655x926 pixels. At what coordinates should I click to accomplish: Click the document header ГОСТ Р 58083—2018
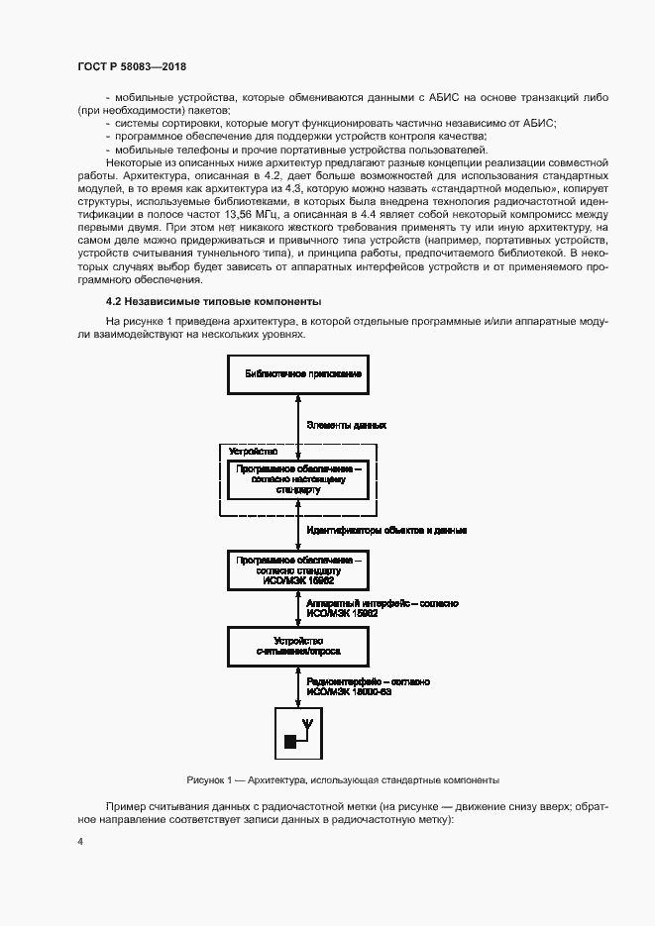click(132, 66)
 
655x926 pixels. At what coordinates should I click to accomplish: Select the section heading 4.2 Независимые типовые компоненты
click(213, 301)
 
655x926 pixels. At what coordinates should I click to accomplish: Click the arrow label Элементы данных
click(346, 424)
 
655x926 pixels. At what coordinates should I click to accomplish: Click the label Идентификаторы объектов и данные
click(386, 531)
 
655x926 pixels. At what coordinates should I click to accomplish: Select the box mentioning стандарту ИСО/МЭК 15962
click(297, 572)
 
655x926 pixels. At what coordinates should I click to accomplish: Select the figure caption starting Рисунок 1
click(342, 779)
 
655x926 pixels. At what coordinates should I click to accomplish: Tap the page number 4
click(80, 842)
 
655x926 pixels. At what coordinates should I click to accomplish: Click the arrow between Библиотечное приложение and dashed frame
click(298, 419)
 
